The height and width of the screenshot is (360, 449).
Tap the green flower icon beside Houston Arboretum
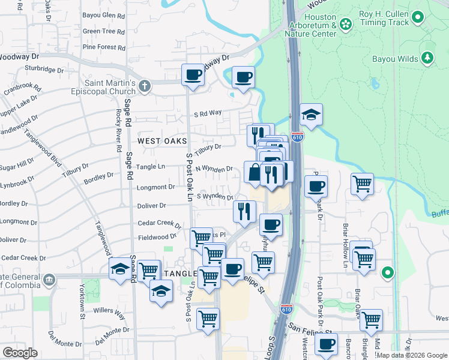(x=345, y=25)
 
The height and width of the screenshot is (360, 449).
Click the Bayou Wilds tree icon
(x=427, y=58)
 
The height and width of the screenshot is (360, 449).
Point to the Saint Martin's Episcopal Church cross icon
(x=144, y=87)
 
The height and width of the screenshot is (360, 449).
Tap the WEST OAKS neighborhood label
(x=162, y=141)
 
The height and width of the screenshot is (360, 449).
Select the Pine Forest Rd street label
(x=104, y=47)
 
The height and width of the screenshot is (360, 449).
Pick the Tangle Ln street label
(x=151, y=167)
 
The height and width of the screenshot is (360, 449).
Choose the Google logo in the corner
(x=20, y=353)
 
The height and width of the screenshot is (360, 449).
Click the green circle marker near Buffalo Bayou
(x=388, y=273)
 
